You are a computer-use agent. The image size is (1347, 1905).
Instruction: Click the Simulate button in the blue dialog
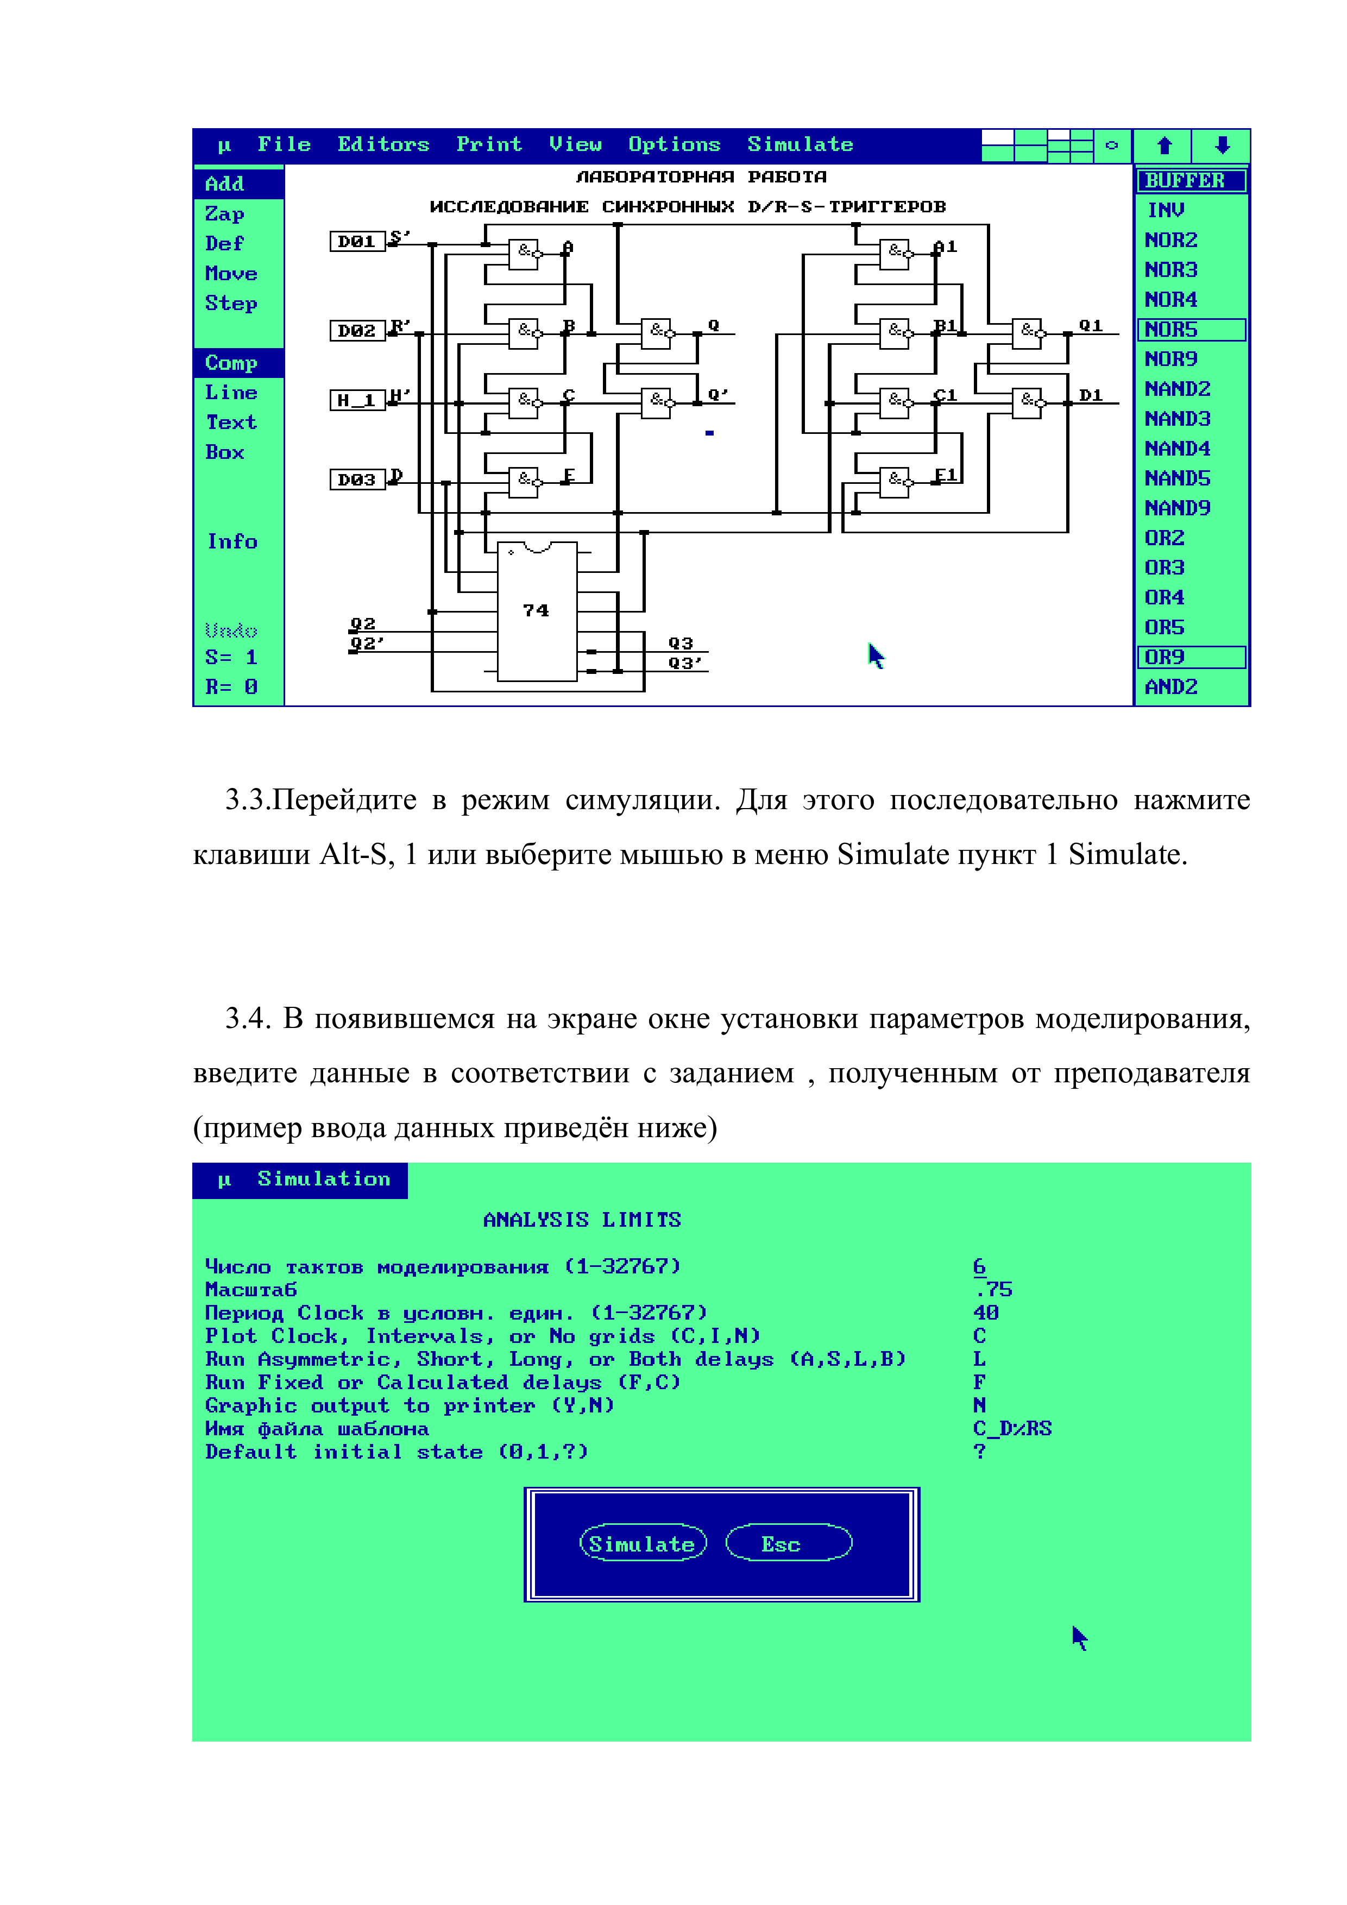pyautogui.click(x=643, y=1543)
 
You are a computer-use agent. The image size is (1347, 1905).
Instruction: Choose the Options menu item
pyautogui.click(x=674, y=144)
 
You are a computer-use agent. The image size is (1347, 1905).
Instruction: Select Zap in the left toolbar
pyautogui.click(x=225, y=214)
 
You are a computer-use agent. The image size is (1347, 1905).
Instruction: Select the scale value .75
pyautogui.click(x=993, y=1289)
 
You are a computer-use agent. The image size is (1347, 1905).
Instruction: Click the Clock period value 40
pyautogui.click(x=986, y=1313)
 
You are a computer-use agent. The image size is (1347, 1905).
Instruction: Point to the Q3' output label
pyautogui.click(x=685, y=663)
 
